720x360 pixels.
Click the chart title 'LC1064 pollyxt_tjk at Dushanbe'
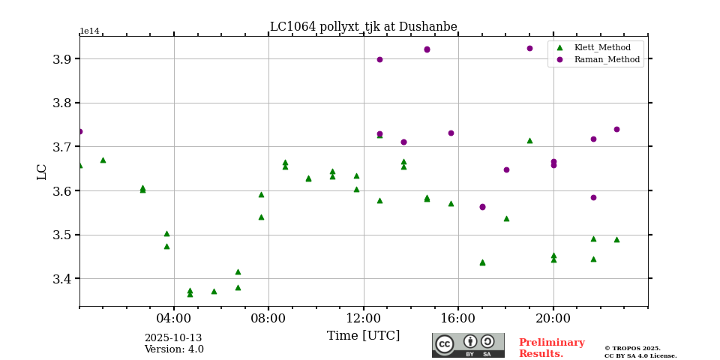click(x=363, y=27)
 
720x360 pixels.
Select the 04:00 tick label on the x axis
click(x=174, y=317)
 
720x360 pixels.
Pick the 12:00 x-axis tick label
click(x=364, y=317)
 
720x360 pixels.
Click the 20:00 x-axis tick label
click(x=553, y=317)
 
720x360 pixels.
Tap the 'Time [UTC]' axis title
click(x=363, y=335)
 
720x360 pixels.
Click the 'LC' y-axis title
click(x=42, y=171)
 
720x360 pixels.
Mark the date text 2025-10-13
click(x=173, y=338)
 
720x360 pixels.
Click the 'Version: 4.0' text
click(x=173, y=349)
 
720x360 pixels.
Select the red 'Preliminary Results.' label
click(x=551, y=348)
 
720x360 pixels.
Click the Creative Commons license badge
click(x=468, y=345)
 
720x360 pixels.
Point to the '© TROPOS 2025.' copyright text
click(x=632, y=349)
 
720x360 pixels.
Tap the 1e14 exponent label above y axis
click(x=89, y=31)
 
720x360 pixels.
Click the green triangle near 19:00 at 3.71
click(x=529, y=140)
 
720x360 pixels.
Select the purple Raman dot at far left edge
click(x=79, y=131)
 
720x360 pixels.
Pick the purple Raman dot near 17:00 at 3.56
click(x=482, y=207)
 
